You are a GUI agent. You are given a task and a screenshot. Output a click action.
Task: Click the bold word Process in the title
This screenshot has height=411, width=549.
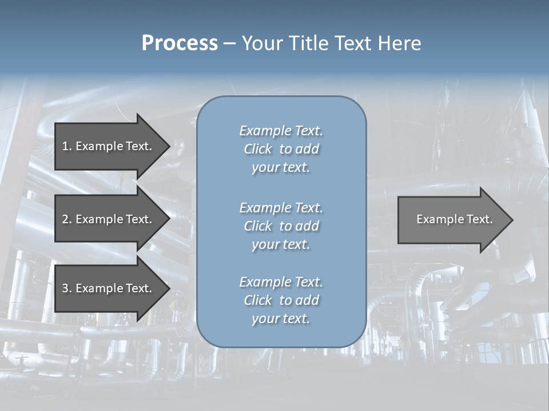click(x=180, y=43)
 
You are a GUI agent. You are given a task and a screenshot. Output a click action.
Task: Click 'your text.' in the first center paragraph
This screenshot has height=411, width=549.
click(x=281, y=168)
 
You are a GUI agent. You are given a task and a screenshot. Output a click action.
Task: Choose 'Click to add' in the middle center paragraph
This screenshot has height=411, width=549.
click(x=281, y=226)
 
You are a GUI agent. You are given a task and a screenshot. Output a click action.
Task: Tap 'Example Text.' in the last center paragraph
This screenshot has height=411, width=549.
click(x=281, y=282)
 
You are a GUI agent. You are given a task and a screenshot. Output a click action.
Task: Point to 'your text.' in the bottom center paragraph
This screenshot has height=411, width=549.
click(x=281, y=319)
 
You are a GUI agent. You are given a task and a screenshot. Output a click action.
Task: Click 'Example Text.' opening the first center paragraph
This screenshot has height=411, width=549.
click(x=281, y=131)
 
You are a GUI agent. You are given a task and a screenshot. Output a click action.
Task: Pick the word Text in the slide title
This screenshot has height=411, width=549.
click(x=355, y=43)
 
